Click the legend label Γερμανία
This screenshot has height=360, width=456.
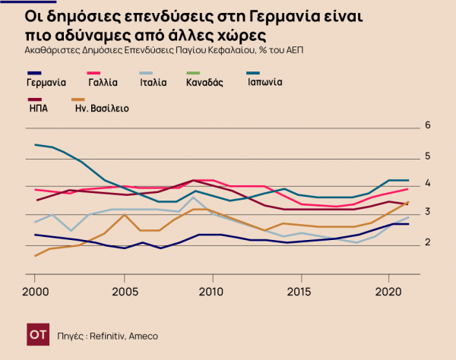[46, 82]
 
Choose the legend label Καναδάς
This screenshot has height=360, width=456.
[204, 82]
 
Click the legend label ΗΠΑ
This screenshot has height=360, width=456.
[39, 109]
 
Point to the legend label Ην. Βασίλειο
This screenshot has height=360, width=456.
[102, 109]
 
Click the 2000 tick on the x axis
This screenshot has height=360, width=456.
[35, 291]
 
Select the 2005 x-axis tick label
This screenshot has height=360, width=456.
[124, 291]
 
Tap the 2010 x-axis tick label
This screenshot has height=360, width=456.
[212, 291]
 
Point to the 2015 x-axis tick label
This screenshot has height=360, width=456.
[301, 291]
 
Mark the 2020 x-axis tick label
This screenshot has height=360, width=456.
[389, 291]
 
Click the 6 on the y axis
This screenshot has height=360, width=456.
[428, 125]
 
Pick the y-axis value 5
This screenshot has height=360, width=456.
[428, 156]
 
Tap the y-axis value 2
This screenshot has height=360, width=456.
[428, 242]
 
